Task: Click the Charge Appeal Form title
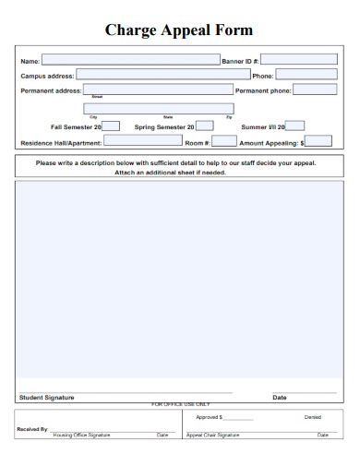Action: [x=179, y=30]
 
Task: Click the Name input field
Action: [x=130, y=60]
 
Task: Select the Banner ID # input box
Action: [x=299, y=60]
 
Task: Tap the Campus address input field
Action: [x=162, y=75]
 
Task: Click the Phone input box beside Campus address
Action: [x=306, y=75]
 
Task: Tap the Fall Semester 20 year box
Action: [x=111, y=125]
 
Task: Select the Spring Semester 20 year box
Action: [x=205, y=125]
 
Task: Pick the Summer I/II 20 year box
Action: [x=295, y=125]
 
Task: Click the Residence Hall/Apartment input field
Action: [x=142, y=141]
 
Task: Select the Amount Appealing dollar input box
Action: [x=318, y=141]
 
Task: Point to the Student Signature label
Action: [x=47, y=398]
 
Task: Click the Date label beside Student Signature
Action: [x=279, y=398]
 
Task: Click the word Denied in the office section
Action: [x=313, y=417]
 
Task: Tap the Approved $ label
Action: [x=209, y=417]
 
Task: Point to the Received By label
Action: [x=32, y=429]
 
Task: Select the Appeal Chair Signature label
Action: [x=213, y=435]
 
